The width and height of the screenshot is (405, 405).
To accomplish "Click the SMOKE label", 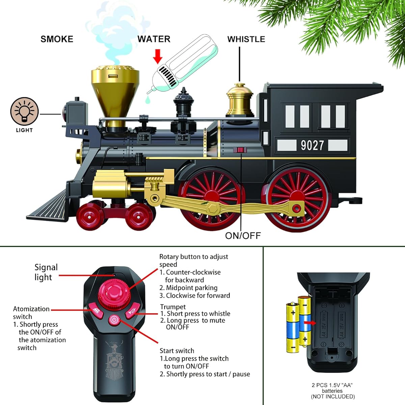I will pos(57,39).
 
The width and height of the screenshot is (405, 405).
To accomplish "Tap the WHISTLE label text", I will pos(246,39).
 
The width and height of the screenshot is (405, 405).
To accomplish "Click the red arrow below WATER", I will pos(158,56).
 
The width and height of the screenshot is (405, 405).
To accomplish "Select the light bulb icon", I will pos(24,112).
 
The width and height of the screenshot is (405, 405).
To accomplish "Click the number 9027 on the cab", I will pos(312,145).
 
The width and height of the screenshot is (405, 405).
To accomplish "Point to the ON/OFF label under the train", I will pos(243,236).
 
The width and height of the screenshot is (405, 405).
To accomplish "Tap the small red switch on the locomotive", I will pos(240,150).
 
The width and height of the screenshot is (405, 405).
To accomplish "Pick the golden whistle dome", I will pos(240,100).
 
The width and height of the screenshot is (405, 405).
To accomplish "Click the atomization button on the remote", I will pos(96,311).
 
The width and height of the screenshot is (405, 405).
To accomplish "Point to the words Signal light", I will pos(46,272).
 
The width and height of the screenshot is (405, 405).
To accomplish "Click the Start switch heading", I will pos(177,351).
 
